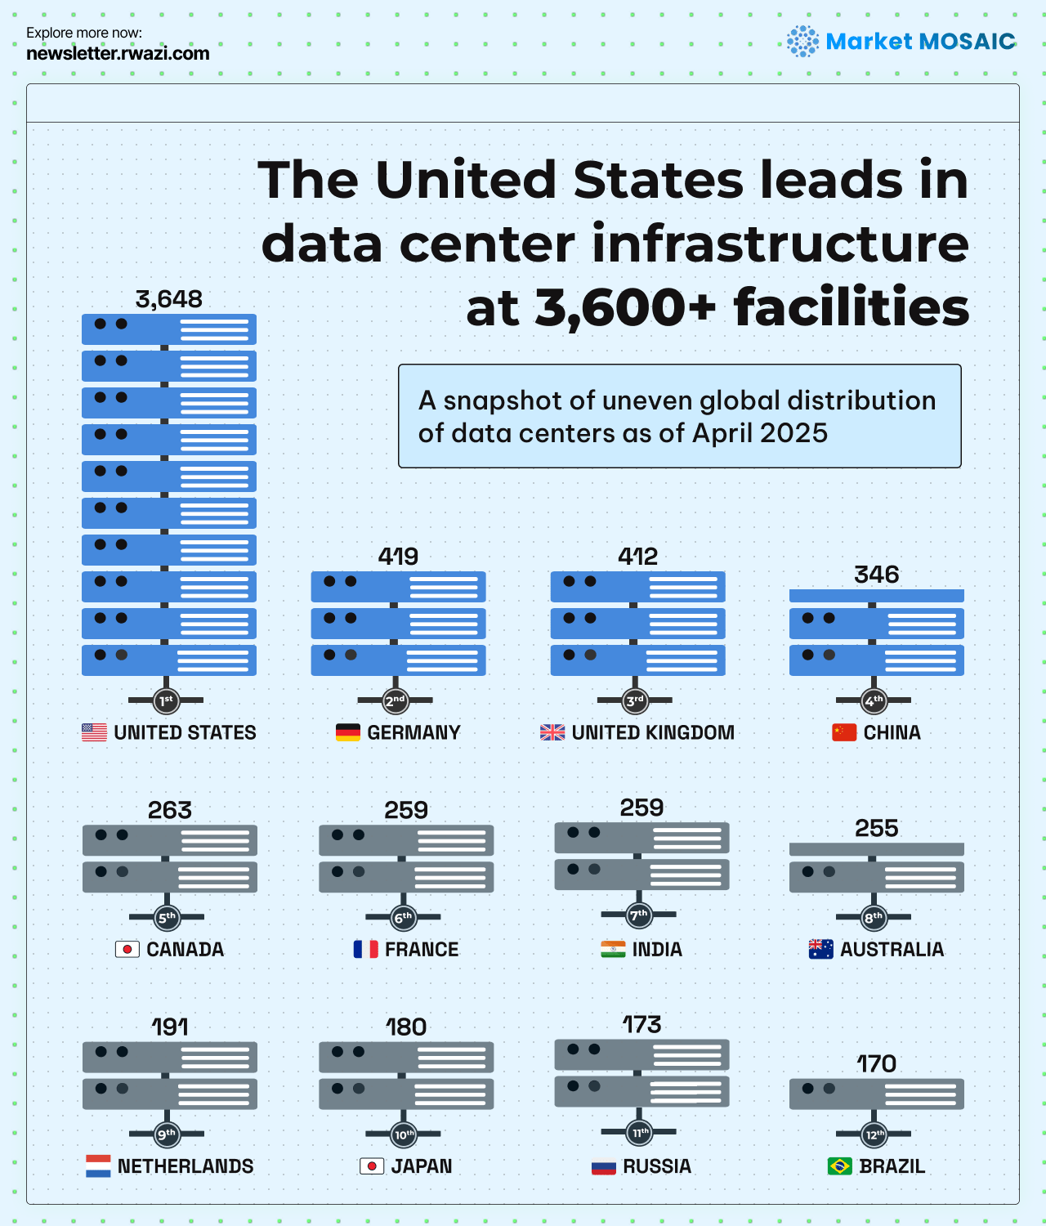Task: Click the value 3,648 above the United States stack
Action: pyautogui.click(x=168, y=299)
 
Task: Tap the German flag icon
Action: pyautogui.click(x=348, y=732)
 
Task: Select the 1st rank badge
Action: pyautogui.click(x=166, y=700)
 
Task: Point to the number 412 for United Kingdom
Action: pyautogui.click(x=637, y=557)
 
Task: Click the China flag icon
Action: pyautogui.click(x=844, y=732)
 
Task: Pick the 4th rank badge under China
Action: pyautogui.click(x=874, y=700)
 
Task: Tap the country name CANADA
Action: pyautogui.click(x=185, y=950)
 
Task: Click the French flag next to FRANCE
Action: pyautogui.click(x=365, y=949)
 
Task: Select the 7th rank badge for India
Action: pyautogui.click(x=638, y=915)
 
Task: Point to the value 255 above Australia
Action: pyautogui.click(x=876, y=829)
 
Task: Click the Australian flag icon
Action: pyautogui.click(x=820, y=949)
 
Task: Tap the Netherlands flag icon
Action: pyautogui.click(x=98, y=1166)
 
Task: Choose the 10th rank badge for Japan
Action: pyautogui.click(x=404, y=1134)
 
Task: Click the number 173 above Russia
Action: pyautogui.click(x=641, y=1025)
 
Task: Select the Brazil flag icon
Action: pyautogui.click(x=840, y=1166)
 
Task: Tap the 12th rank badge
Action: pyautogui.click(x=874, y=1134)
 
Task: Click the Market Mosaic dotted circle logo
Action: pyautogui.click(x=802, y=41)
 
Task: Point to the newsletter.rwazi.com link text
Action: pyautogui.click(x=118, y=54)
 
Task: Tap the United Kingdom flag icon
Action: pyautogui.click(x=552, y=732)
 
